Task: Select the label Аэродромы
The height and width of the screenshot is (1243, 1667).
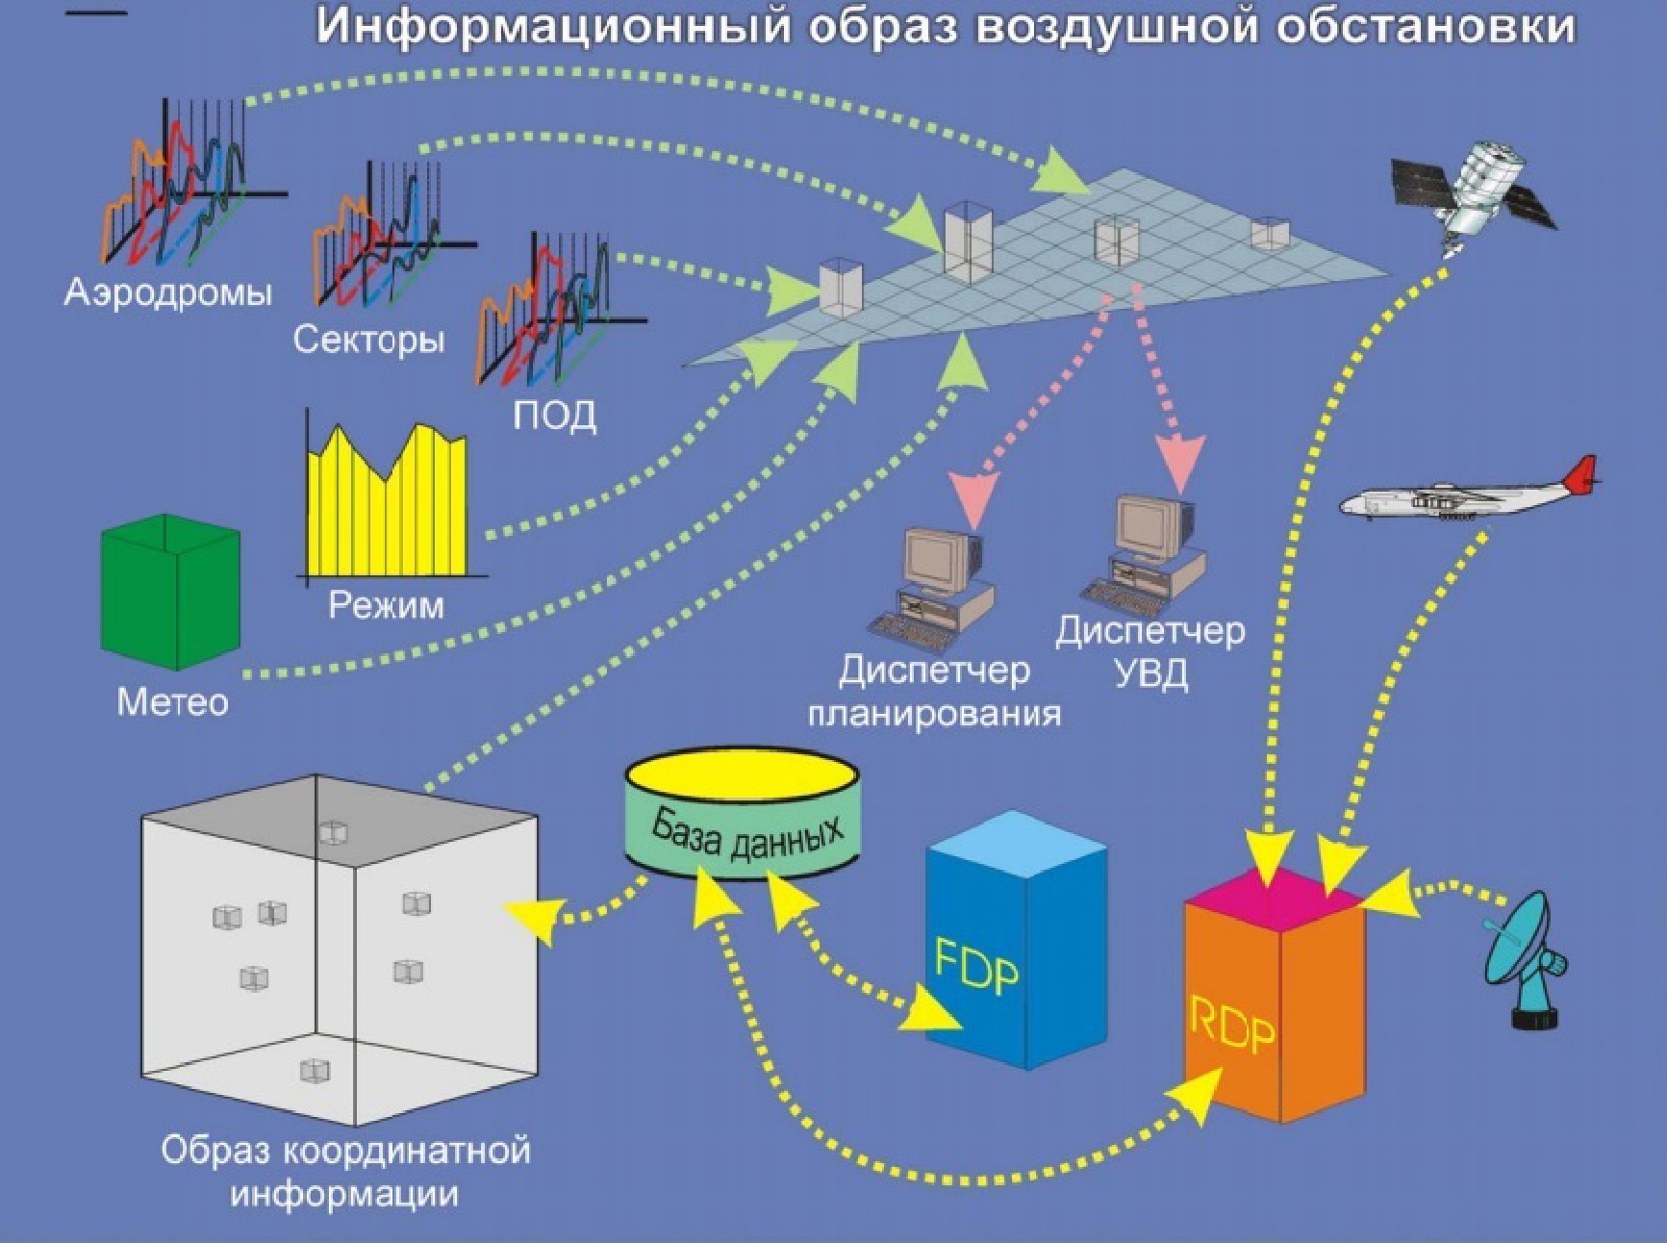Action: (168, 292)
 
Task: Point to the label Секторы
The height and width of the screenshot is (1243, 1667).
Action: (368, 340)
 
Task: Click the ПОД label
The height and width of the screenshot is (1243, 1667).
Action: (554, 415)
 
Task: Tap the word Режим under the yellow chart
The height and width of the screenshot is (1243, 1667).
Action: (387, 605)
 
